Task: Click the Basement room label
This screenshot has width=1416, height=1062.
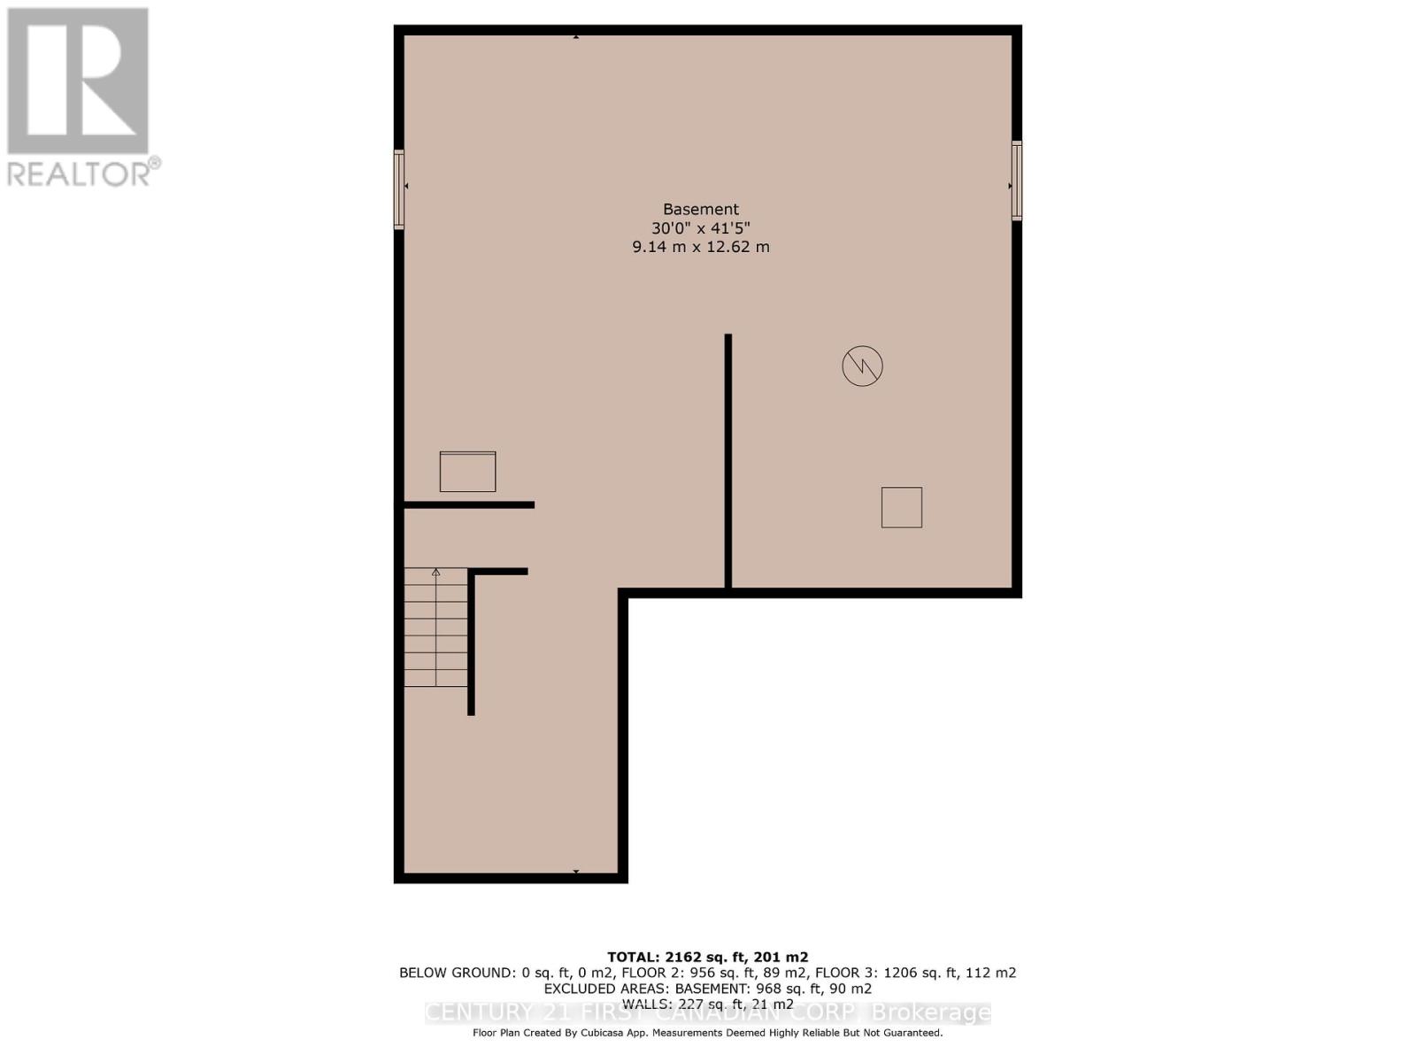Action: coord(700,210)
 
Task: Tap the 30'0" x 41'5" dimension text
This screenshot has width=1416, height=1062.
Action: coord(700,228)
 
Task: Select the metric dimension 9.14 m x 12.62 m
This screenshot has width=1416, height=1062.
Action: coord(700,247)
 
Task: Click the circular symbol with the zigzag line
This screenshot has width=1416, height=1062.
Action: coord(862,366)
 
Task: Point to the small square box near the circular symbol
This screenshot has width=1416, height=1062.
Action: coord(901,507)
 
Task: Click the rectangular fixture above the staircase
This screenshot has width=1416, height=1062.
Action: coord(467,472)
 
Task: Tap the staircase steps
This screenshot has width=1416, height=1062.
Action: coord(435,628)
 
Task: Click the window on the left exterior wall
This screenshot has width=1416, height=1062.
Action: coord(399,189)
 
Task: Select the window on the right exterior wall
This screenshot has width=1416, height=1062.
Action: coord(1017,181)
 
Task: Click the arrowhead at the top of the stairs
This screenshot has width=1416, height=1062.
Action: coord(435,573)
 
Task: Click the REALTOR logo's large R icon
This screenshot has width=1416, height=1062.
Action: coord(78,81)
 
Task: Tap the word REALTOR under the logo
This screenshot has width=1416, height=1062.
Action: coord(80,173)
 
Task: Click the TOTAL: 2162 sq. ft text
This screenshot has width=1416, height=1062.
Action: coord(707,957)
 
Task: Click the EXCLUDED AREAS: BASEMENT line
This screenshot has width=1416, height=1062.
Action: coord(707,989)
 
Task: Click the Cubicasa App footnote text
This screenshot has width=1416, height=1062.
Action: coord(707,1033)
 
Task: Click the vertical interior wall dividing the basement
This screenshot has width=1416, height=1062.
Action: coord(727,460)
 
